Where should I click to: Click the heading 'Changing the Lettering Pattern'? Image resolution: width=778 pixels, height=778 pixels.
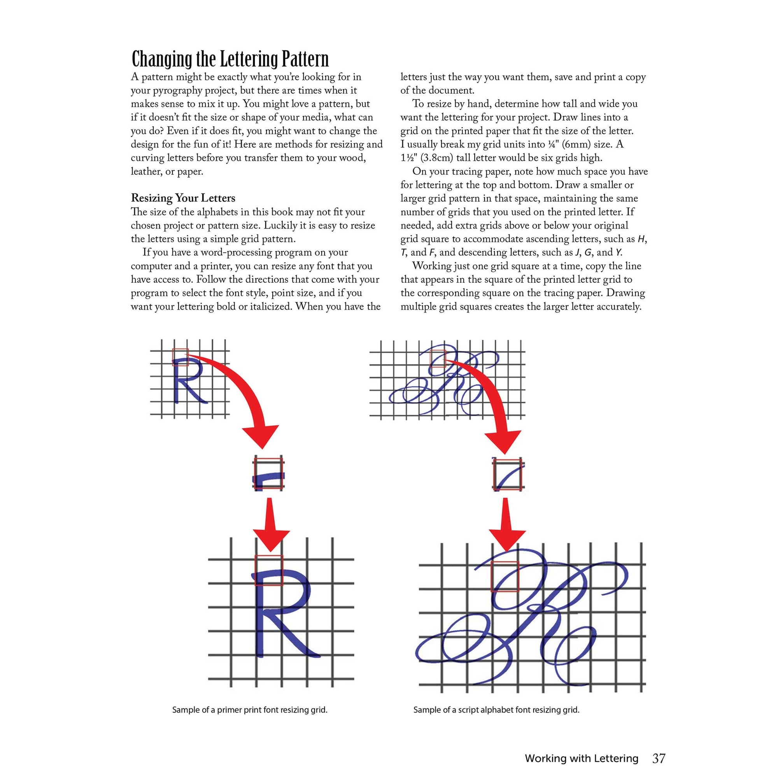click(230, 60)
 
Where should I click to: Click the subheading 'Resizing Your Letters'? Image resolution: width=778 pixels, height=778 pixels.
click(183, 198)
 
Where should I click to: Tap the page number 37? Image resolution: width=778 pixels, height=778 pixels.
click(659, 748)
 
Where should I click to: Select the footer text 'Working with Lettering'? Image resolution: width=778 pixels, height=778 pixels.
click(582, 748)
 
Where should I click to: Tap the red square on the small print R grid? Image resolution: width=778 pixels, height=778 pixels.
click(180, 357)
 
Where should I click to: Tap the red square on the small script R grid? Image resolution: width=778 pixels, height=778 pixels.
click(438, 358)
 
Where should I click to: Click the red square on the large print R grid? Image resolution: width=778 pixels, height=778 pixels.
click(269, 570)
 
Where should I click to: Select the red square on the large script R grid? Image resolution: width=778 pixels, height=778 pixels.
click(505, 576)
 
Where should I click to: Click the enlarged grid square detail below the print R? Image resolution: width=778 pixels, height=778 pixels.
click(269, 473)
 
